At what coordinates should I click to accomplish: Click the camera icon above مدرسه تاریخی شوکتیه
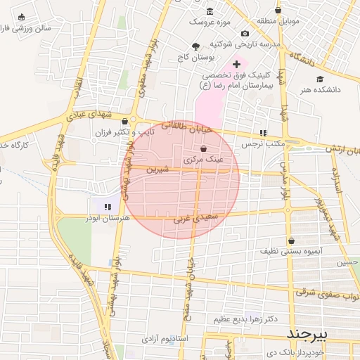tap(245, 33)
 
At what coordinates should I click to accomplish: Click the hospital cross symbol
tap(236, 64)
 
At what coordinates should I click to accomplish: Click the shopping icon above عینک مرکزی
tap(203, 149)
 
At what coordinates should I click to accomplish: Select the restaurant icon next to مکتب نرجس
tap(263, 133)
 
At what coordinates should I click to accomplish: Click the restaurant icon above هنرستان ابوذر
tap(107, 207)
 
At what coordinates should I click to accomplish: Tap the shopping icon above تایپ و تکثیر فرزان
tap(125, 121)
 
